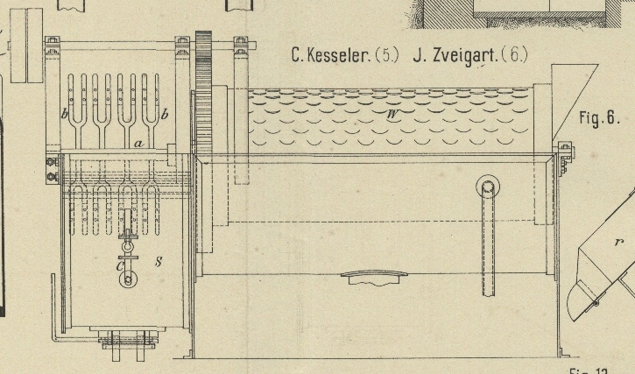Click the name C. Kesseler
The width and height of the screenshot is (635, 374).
click(330, 56)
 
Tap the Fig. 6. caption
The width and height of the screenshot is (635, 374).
click(599, 119)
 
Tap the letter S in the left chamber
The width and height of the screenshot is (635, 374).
click(158, 262)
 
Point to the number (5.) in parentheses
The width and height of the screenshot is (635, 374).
click(386, 56)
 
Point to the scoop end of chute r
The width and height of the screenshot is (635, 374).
click(582, 298)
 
